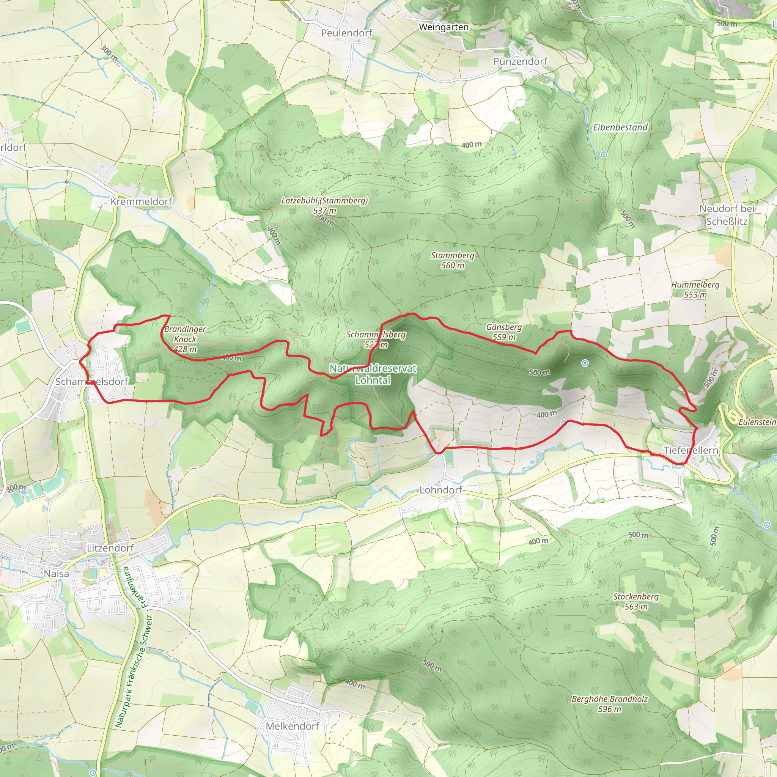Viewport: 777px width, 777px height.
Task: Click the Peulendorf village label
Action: (346, 33)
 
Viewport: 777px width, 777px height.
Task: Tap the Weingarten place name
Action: (444, 27)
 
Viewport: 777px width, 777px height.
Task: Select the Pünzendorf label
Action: (520, 61)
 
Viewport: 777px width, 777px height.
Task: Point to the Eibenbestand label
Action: (620, 127)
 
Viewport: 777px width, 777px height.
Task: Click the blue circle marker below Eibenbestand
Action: (604, 154)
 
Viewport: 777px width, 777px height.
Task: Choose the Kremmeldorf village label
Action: (141, 201)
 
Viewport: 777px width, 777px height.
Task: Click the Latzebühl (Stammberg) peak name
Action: (324, 200)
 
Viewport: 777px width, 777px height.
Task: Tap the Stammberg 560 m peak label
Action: (453, 260)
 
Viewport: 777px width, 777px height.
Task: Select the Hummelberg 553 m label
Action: (695, 289)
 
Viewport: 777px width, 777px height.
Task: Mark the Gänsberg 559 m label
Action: (503, 332)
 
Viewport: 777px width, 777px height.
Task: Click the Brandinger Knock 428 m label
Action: (185, 339)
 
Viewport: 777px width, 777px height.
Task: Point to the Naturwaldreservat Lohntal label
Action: (373, 374)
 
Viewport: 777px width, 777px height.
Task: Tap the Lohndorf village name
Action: (441, 490)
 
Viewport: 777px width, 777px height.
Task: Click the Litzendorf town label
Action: (110, 548)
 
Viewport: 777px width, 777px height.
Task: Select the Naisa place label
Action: (56, 574)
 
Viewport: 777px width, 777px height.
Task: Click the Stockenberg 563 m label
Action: (635, 601)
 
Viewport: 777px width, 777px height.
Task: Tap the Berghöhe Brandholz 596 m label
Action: (609, 704)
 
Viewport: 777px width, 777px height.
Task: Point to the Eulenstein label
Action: (757, 422)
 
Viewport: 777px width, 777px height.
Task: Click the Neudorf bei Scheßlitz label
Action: (726, 215)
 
